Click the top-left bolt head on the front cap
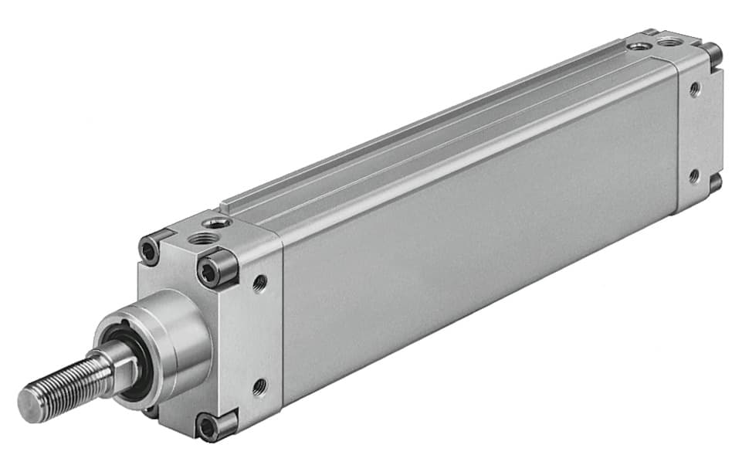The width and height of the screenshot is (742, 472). click(x=148, y=250)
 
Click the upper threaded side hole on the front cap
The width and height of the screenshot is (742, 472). click(x=259, y=284)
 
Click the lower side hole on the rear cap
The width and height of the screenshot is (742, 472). click(x=693, y=176)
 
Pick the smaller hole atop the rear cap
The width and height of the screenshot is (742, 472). click(x=638, y=47)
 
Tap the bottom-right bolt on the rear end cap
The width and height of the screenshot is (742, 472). click(x=714, y=183)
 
